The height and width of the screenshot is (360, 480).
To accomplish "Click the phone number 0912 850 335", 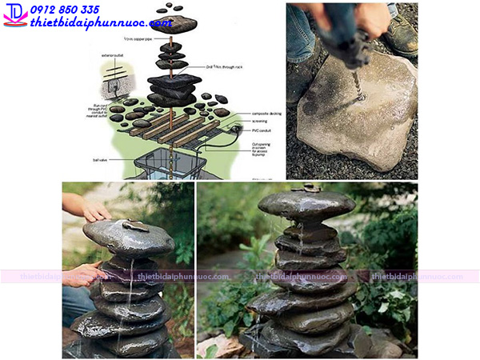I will pos(65,10).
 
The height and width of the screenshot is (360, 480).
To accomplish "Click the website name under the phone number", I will pos(100,22).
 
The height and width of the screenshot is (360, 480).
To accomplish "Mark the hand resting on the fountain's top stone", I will pos(94,210).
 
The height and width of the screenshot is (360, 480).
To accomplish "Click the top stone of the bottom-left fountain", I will pos(128,236).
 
